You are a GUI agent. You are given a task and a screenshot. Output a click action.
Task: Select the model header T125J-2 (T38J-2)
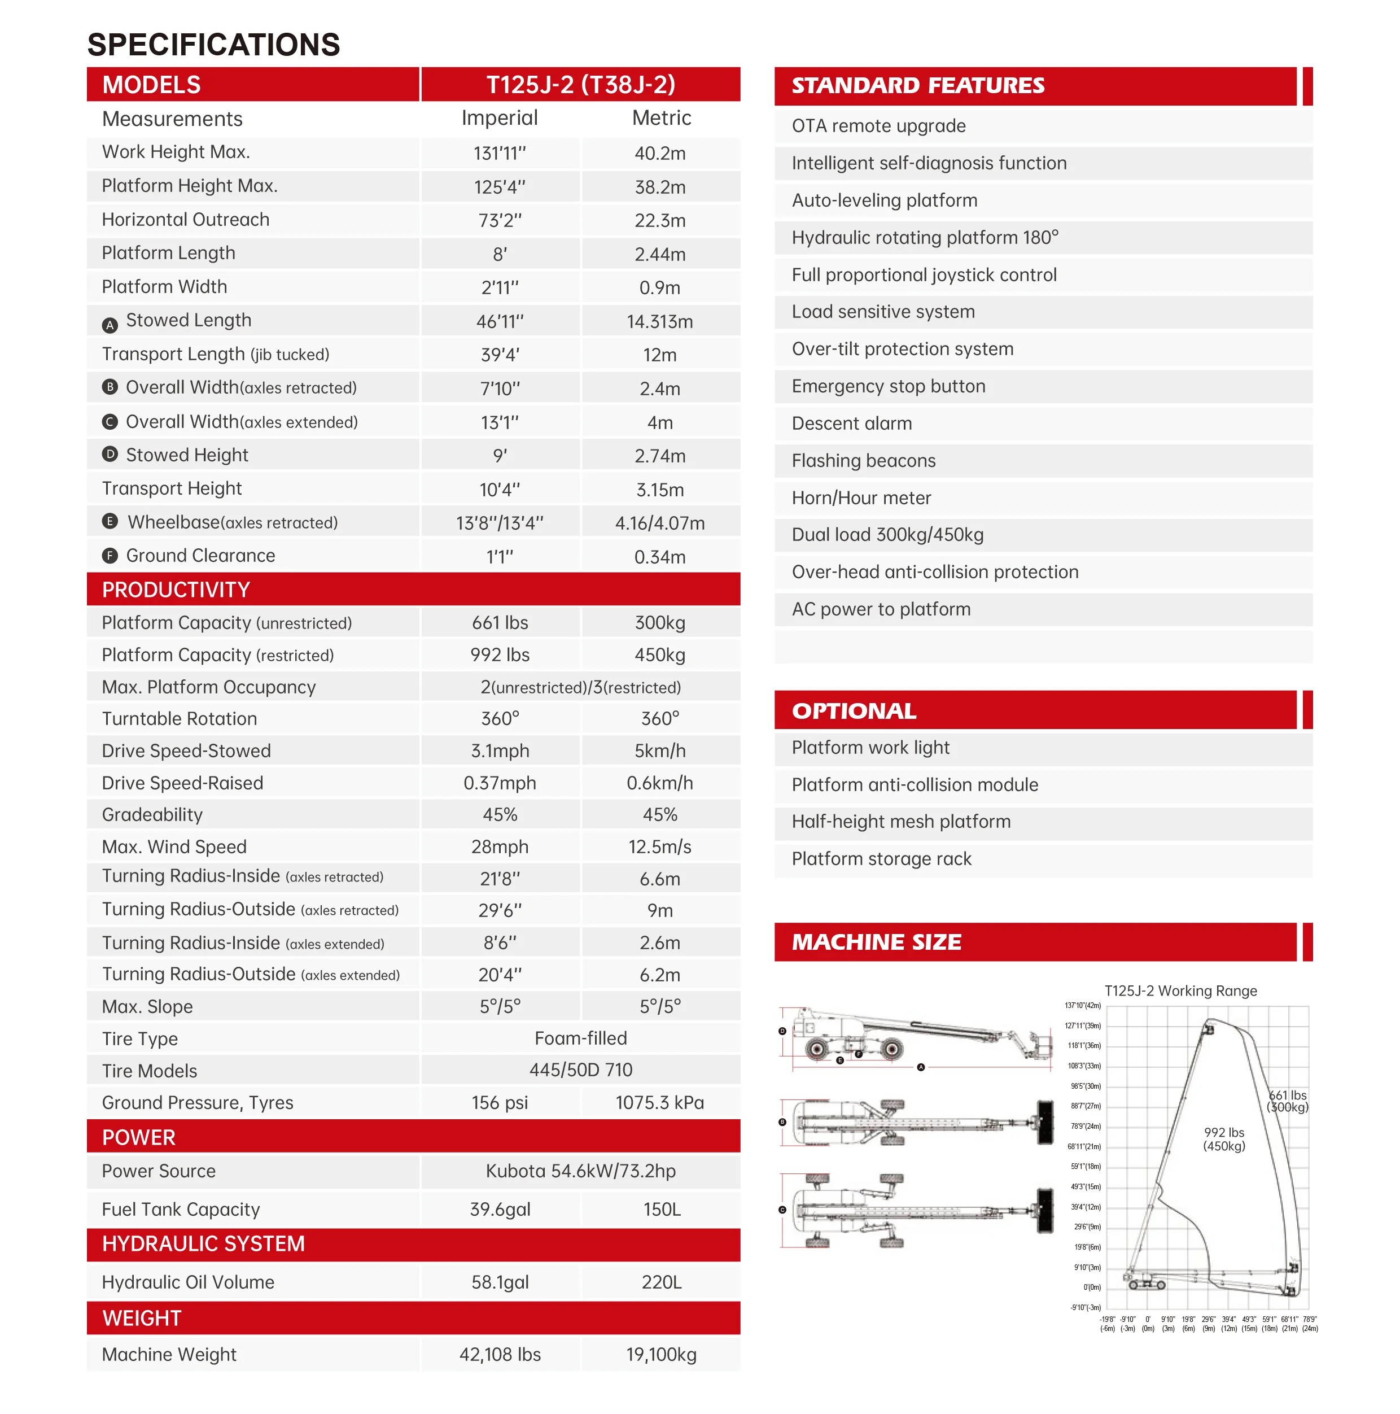(x=580, y=85)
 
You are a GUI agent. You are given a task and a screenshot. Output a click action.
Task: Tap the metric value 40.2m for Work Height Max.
(x=659, y=153)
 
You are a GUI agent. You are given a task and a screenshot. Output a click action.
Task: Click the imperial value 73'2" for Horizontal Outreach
(x=500, y=220)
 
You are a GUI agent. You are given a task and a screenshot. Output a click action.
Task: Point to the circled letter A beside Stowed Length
(x=110, y=325)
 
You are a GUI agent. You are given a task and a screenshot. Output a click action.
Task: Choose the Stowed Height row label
(x=187, y=455)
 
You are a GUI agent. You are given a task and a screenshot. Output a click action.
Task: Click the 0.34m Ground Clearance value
(x=659, y=557)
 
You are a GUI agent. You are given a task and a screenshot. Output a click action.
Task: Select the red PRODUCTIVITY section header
(x=176, y=590)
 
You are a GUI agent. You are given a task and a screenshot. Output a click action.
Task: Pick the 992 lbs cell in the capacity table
(x=500, y=655)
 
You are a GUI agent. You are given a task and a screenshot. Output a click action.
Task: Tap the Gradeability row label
(x=152, y=815)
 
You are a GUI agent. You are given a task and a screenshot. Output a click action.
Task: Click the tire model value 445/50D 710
(x=580, y=1070)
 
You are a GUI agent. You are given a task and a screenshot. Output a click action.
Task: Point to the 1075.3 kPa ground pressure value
(x=659, y=1103)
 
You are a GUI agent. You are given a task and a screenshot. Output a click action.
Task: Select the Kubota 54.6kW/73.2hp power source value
(x=580, y=1171)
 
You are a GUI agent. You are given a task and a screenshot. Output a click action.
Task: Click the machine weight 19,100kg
(x=661, y=1355)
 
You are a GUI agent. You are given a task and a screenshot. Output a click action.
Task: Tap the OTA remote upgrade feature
(x=878, y=126)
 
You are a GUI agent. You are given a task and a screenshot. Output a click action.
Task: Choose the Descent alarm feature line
(x=852, y=424)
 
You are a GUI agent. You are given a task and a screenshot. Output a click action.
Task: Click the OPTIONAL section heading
(x=854, y=710)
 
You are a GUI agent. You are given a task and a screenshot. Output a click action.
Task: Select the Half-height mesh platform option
(x=901, y=822)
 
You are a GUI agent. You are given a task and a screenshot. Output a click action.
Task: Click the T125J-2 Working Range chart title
(x=1180, y=991)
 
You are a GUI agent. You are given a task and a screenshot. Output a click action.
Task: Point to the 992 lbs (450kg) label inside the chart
(x=1224, y=1139)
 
